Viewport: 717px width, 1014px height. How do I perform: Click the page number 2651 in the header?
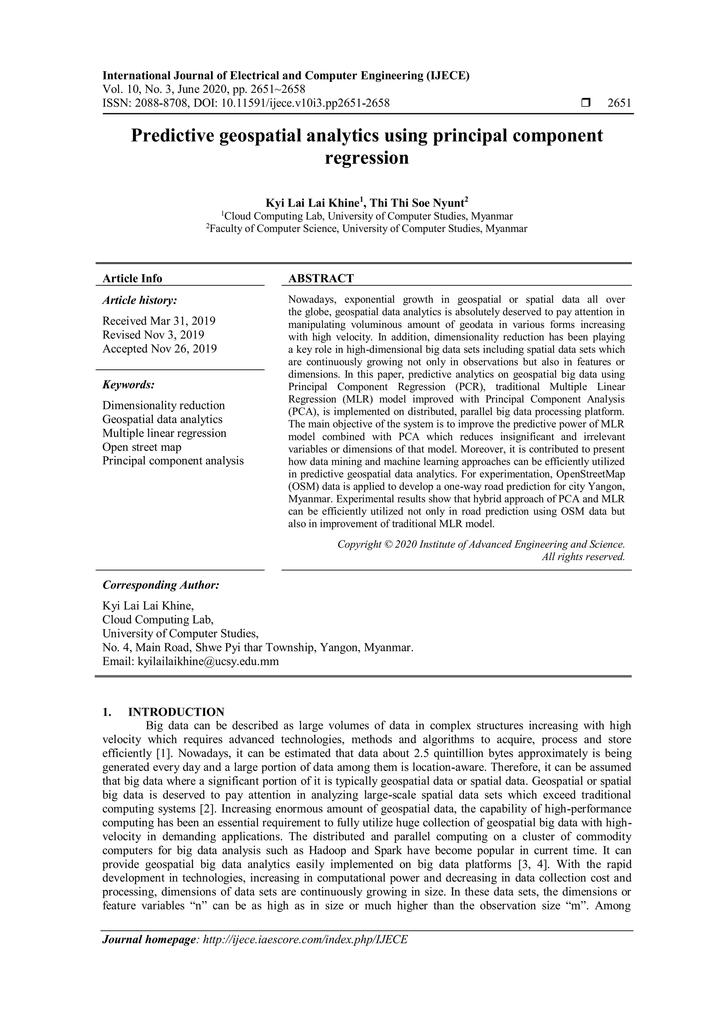[x=619, y=103]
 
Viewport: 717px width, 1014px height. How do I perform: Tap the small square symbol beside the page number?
[x=585, y=103]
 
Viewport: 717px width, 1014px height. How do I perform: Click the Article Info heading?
[x=132, y=278]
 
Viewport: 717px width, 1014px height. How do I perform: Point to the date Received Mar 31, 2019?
[x=159, y=321]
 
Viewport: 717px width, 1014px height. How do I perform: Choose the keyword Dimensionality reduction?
[x=163, y=405]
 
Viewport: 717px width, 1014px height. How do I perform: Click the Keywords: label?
[x=128, y=385]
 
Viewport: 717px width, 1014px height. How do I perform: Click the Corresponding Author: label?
[x=161, y=585]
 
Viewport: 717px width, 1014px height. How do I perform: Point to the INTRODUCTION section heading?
[x=176, y=712]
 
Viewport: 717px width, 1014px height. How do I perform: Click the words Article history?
[x=140, y=300]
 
